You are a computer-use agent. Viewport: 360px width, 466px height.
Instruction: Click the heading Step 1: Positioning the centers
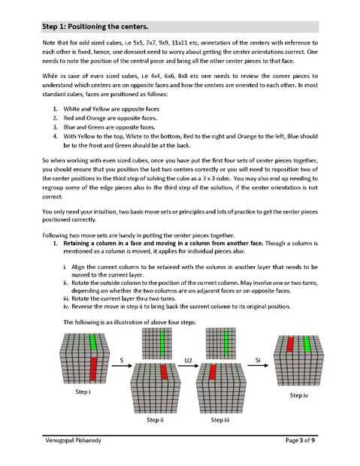pyautogui.click(x=95, y=27)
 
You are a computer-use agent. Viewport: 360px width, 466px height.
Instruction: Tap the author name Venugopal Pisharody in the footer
pyautogui.click(x=73, y=440)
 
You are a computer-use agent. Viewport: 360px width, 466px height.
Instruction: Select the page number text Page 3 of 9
pyautogui.click(x=300, y=440)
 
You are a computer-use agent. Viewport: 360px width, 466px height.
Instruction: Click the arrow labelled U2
pyautogui.click(x=188, y=365)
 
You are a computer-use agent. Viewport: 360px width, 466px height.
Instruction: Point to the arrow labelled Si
pyautogui.click(x=258, y=365)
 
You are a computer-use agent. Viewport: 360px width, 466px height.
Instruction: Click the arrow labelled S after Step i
pyautogui.click(x=122, y=365)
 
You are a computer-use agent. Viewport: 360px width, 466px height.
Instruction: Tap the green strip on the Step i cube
pyautogui.click(x=93, y=341)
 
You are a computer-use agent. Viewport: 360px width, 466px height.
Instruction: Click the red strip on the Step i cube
pyautogui.click(x=93, y=369)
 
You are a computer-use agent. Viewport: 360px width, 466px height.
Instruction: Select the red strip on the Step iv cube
pyautogui.click(x=290, y=344)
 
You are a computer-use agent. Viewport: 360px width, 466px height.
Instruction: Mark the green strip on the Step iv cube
pyautogui.click(x=307, y=344)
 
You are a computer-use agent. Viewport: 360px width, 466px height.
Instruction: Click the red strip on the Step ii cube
pyautogui.click(x=164, y=372)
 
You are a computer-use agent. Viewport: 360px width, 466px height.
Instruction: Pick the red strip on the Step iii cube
pyautogui.click(x=212, y=372)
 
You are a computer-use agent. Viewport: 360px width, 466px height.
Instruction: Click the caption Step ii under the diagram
pyautogui.click(x=155, y=420)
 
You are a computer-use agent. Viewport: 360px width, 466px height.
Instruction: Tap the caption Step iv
pyautogui.click(x=299, y=395)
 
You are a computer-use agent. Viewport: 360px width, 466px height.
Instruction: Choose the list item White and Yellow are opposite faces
pyautogui.click(x=111, y=109)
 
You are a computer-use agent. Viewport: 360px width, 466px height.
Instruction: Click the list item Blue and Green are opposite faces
pyautogui.click(x=110, y=127)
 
